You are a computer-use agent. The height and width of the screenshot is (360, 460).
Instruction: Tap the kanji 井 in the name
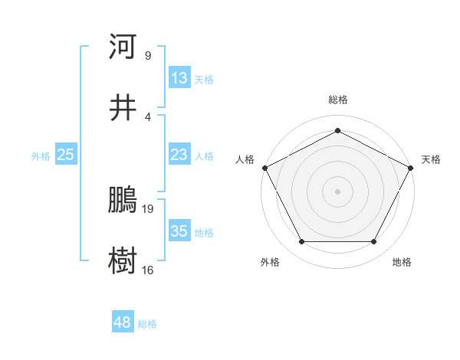[x=123, y=108]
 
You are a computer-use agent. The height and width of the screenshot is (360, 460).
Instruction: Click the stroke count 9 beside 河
[x=147, y=55]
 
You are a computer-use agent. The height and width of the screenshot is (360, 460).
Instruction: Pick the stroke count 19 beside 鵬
[x=149, y=208]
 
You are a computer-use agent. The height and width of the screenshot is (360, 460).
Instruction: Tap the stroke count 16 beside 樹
[x=148, y=270]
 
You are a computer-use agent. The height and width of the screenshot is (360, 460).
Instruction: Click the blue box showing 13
[x=179, y=78]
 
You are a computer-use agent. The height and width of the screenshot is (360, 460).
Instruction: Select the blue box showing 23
[x=179, y=155]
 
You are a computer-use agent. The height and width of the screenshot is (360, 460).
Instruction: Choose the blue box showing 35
[x=179, y=232]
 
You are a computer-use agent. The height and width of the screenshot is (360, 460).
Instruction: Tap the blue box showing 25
[x=65, y=155]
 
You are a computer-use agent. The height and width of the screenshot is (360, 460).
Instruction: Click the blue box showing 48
[x=122, y=323]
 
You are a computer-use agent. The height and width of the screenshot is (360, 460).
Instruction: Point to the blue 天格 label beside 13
[x=204, y=79]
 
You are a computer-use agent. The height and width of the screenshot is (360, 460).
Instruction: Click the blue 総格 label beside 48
[x=147, y=324]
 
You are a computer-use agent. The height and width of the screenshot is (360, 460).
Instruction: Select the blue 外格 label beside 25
[x=41, y=156]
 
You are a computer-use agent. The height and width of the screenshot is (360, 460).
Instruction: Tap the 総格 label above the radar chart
[x=337, y=100]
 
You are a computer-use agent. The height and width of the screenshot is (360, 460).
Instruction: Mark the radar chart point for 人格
[x=264, y=167]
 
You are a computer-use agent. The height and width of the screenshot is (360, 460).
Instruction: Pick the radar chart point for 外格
[x=301, y=242]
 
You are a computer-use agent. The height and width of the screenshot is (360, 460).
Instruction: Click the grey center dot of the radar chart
[x=337, y=191]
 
